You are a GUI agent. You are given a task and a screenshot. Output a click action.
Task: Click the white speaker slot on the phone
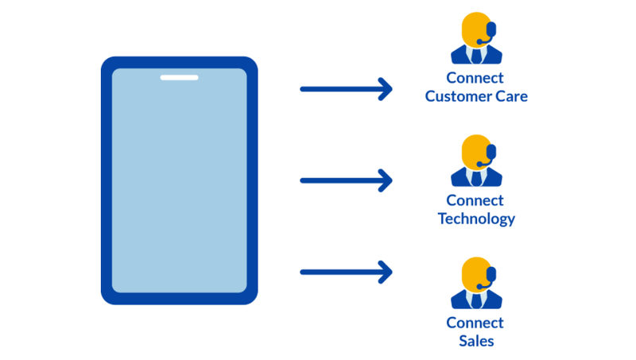(179, 78)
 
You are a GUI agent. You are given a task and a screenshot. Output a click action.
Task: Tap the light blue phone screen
(179, 183)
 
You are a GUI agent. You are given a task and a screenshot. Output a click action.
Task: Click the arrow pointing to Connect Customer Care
(346, 89)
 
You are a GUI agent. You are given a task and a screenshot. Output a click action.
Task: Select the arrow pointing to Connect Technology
(346, 180)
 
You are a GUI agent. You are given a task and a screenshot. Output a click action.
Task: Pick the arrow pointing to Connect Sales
(346, 273)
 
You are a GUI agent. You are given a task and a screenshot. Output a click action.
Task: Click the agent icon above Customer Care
(476, 38)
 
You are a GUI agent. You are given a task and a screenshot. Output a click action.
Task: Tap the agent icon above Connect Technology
(476, 161)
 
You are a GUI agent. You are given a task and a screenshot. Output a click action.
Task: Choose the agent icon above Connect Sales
(476, 283)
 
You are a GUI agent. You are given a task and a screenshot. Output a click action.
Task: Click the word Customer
(460, 96)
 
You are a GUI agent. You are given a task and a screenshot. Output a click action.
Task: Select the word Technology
(476, 219)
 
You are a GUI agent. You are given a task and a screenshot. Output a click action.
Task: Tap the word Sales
(476, 341)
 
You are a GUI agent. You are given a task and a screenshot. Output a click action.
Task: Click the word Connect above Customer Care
(475, 78)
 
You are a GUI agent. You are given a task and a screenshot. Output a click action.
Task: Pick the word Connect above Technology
(475, 200)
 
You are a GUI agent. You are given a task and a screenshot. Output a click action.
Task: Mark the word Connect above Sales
(475, 323)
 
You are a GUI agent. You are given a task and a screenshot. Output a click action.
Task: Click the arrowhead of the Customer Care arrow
(386, 89)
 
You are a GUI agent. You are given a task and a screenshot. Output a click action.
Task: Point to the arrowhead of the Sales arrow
(386, 273)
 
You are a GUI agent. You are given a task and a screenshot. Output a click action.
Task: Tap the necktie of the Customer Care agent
(476, 56)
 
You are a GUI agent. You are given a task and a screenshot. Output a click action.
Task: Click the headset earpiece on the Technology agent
(491, 151)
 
